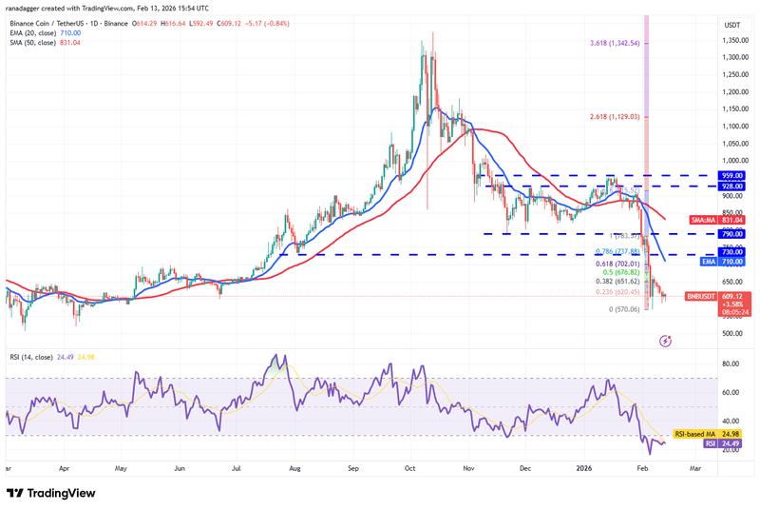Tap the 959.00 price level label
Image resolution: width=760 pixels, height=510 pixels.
tap(732, 176)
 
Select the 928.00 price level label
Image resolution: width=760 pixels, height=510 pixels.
tap(732, 186)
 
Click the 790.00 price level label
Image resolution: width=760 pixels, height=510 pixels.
tap(732, 233)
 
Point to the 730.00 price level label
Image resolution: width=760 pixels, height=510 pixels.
tap(732, 254)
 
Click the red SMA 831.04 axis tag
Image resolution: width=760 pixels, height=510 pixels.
tap(731, 218)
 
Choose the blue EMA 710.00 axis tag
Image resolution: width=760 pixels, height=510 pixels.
tap(731, 261)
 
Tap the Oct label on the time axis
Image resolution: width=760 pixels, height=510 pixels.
tap(410, 469)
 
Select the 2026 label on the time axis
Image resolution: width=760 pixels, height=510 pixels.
tap(583, 469)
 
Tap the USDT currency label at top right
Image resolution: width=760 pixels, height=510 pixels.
tap(731, 24)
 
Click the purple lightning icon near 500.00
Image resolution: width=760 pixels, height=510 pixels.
tap(666, 339)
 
